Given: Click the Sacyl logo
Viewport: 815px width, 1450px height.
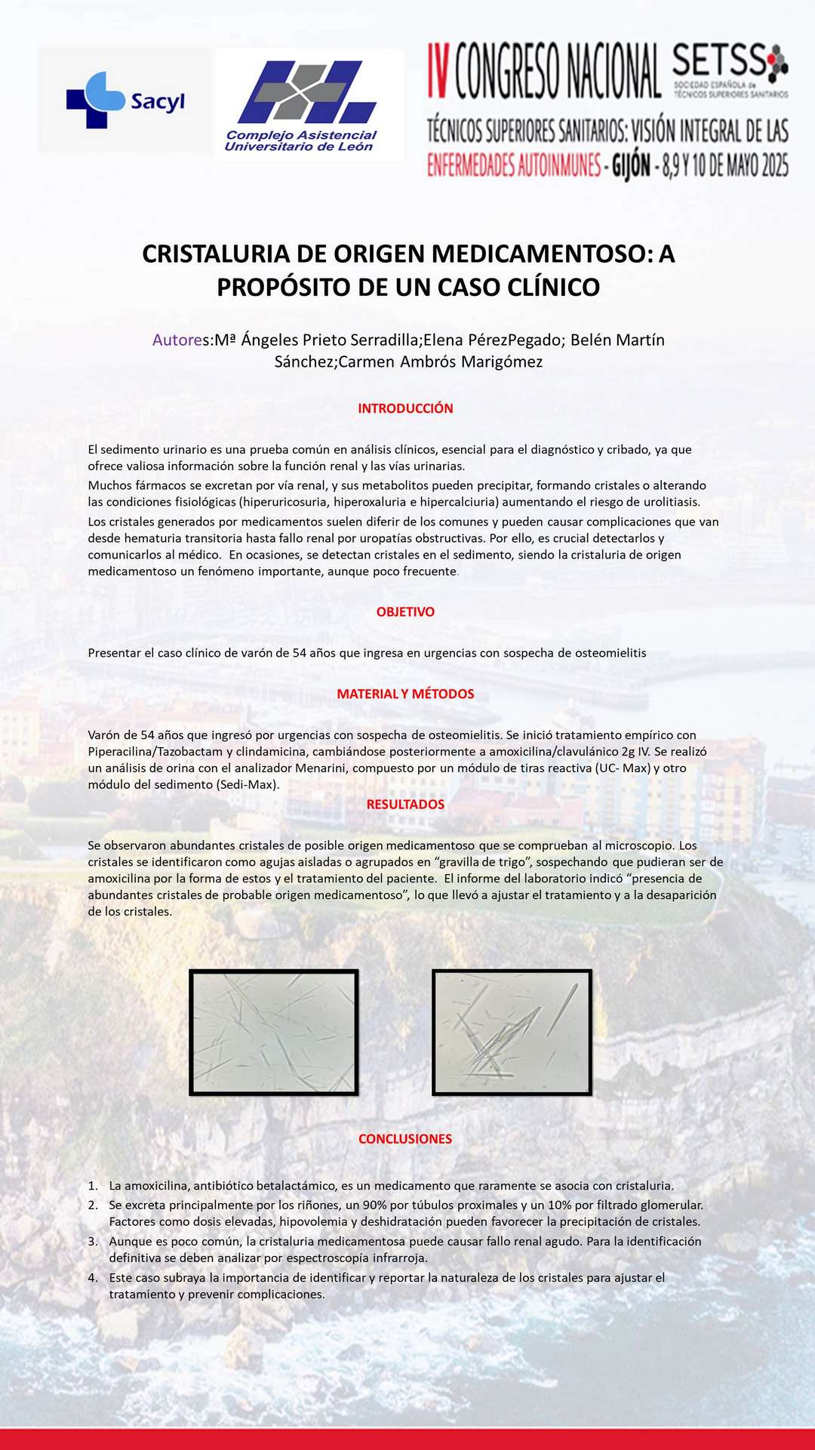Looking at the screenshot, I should point(125,100).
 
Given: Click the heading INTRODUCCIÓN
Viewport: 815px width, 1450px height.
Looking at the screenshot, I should point(405,408).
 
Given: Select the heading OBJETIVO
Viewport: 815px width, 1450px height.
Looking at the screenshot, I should point(405,611).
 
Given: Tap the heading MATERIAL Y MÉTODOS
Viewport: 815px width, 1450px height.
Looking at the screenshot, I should point(405,694).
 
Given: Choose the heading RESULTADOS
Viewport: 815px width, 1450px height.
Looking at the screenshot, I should point(405,804).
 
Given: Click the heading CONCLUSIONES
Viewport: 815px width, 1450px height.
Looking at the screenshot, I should point(405,1138).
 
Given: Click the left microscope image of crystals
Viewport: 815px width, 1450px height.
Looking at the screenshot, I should point(273,1032).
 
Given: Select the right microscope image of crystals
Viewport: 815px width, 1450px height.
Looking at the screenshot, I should point(512,1032).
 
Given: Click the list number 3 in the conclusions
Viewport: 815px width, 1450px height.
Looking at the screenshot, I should point(93,1241).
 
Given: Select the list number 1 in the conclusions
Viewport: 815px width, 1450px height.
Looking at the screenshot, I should point(93,1185).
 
